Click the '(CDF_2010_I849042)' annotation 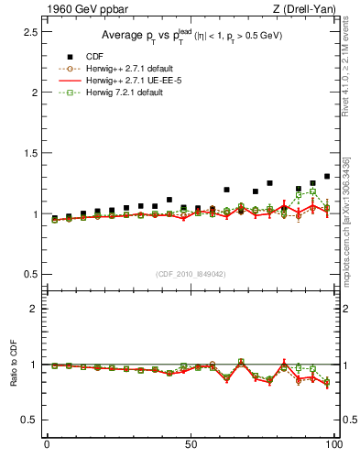(191, 273)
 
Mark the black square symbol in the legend (71, 57)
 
